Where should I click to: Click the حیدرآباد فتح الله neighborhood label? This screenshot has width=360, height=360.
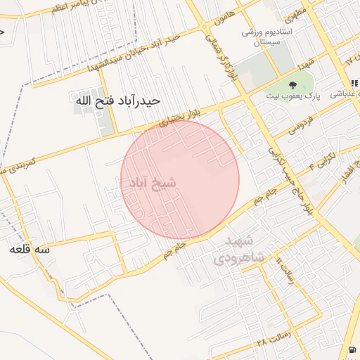117,101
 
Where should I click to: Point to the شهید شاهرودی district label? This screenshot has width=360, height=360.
245,250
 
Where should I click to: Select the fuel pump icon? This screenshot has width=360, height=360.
351,350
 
